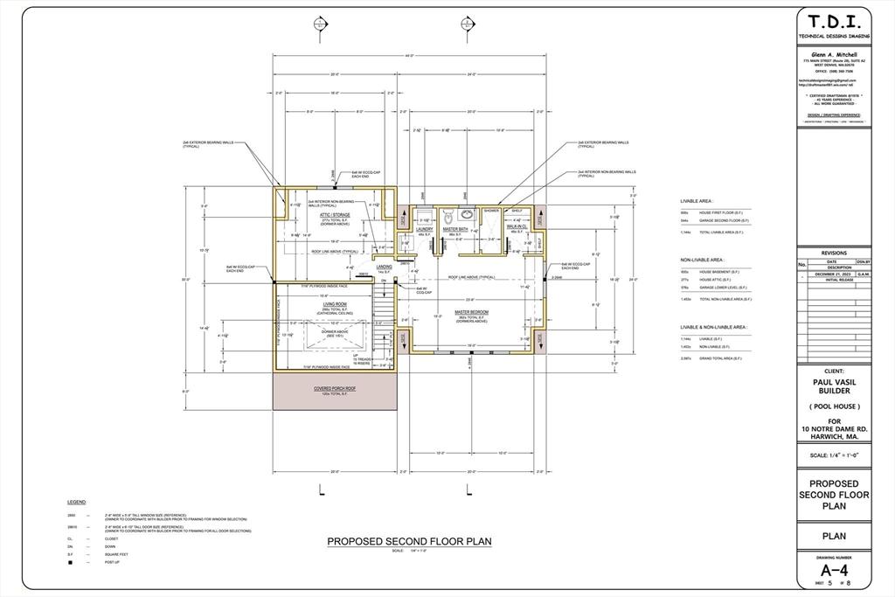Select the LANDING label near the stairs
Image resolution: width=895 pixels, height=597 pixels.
pyautogui.click(x=384, y=267)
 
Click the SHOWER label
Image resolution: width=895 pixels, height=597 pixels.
pyautogui.click(x=491, y=211)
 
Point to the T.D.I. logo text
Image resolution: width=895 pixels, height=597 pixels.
pyautogui.click(x=834, y=23)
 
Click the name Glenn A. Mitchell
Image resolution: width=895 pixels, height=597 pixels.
pyautogui.click(x=834, y=53)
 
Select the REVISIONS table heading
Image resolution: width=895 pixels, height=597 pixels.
pyautogui.click(x=834, y=253)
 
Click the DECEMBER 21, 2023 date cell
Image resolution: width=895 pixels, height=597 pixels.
pyautogui.click(x=833, y=274)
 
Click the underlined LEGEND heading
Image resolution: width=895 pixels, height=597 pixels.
pyautogui.click(x=77, y=503)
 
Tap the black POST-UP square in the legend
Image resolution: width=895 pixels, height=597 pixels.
pyautogui.click(x=71, y=562)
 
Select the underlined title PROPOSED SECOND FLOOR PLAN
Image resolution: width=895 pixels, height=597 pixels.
pyautogui.click(x=409, y=541)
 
